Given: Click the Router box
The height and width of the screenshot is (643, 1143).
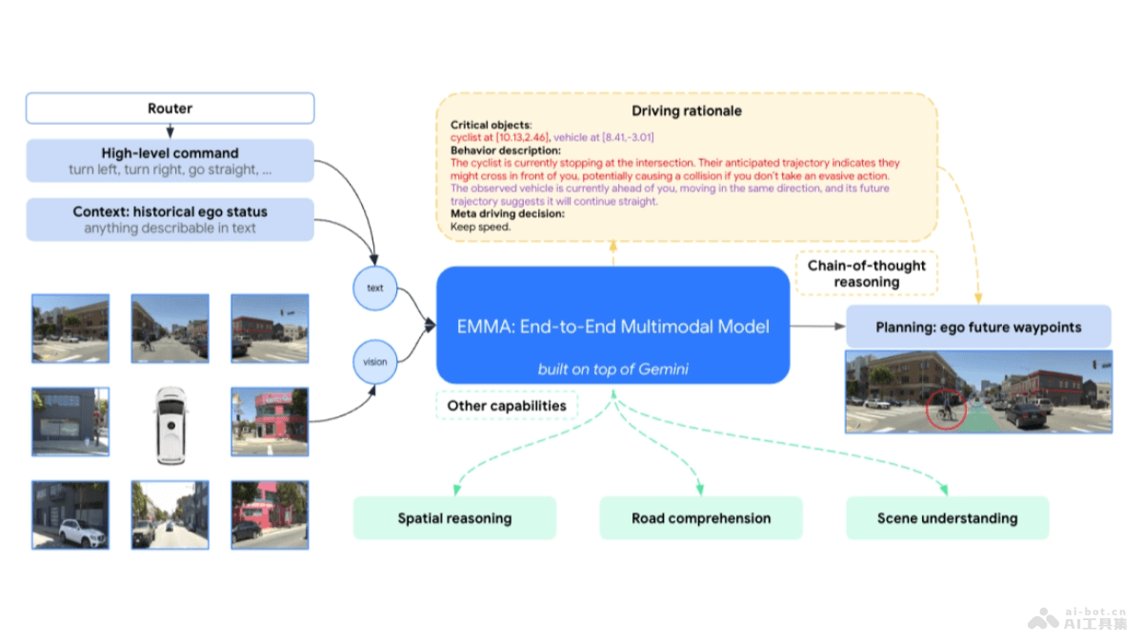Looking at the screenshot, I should pyautogui.click(x=170, y=109).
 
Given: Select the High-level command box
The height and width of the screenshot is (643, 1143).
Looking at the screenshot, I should pyautogui.click(x=170, y=161).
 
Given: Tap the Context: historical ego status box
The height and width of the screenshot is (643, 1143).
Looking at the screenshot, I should pyautogui.click(x=170, y=219).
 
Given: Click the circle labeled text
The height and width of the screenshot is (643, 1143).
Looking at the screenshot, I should pyautogui.click(x=375, y=288).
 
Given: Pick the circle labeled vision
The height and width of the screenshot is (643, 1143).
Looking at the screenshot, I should pyautogui.click(x=375, y=362).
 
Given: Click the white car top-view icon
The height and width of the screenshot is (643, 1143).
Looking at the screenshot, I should pyautogui.click(x=170, y=424).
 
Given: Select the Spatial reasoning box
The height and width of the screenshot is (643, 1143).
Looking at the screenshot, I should pyautogui.click(x=454, y=518).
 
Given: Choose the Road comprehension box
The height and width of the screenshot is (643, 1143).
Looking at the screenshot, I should pyautogui.click(x=701, y=518).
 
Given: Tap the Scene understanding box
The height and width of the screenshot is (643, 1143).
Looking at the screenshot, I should pyautogui.click(x=947, y=518).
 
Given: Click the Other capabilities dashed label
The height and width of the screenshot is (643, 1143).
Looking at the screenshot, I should pyautogui.click(x=507, y=406).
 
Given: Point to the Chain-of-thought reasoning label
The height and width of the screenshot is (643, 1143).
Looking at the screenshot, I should pyautogui.click(x=867, y=273).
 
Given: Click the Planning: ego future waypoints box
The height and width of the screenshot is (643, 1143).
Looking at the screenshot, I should pyautogui.click(x=978, y=327).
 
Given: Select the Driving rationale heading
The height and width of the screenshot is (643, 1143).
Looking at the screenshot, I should pyautogui.click(x=687, y=111).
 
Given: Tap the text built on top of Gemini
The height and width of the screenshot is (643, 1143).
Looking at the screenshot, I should pyautogui.click(x=612, y=369).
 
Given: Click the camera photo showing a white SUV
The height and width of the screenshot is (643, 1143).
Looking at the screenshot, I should pyautogui.click(x=70, y=514).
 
